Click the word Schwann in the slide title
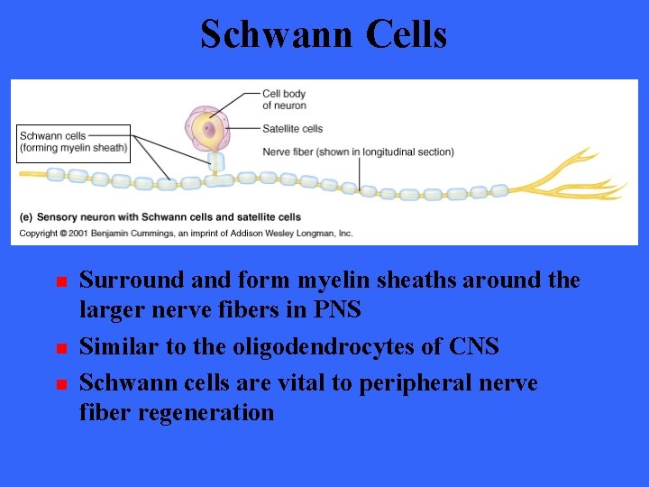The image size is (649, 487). tap(276, 35)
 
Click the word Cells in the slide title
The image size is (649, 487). tap(407, 35)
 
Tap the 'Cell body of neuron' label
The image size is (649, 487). tap(284, 99)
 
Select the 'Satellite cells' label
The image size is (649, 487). tap(293, 128)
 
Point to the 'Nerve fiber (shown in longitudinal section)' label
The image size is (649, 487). tap(358, 152)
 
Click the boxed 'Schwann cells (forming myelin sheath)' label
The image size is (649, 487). tap(74, 142)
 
